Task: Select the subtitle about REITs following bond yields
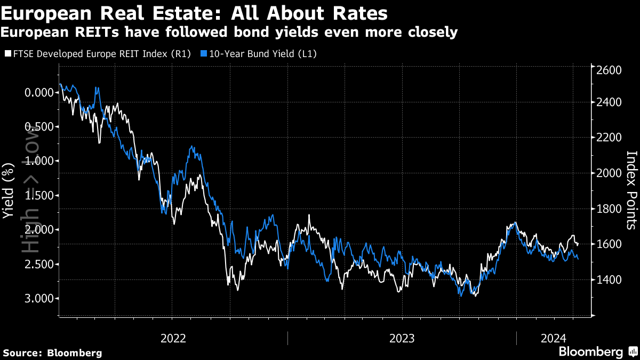point(229,33)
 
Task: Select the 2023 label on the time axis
point(402,338)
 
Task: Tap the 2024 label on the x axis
point(554,338)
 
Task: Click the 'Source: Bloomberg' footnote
point(52,353)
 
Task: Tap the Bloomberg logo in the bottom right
point(597,352)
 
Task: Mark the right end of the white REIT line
point(578,244)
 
